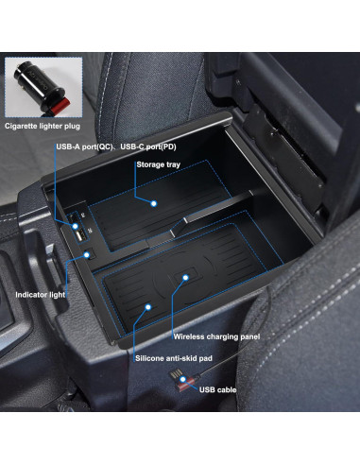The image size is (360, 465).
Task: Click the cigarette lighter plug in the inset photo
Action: point(36,84)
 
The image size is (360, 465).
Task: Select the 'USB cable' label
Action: point(219,388)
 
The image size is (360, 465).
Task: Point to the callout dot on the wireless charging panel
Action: point(186,278)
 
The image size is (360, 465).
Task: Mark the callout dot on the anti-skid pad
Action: point(149,305)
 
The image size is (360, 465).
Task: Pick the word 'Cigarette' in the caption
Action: point(24,125)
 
